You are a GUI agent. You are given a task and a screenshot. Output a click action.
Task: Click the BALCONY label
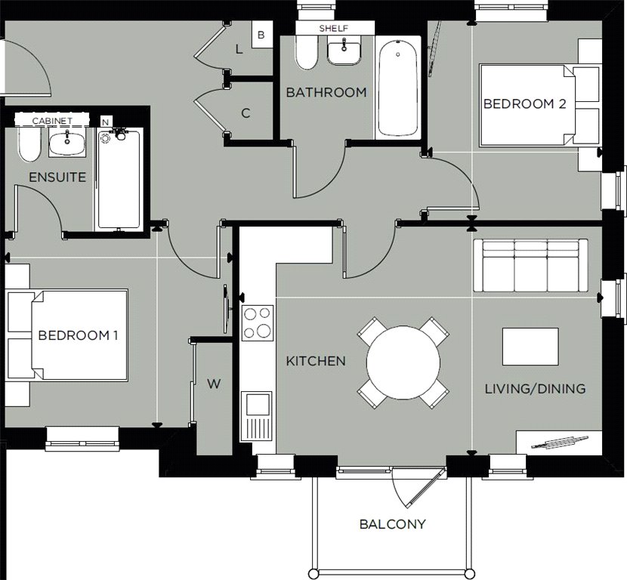pyautogui.click(x=392, y=523)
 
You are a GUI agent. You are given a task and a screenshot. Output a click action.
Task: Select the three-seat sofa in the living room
pyautogui.click(x=530, y=265)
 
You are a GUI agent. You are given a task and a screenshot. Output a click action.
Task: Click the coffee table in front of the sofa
pyautogui.click(x=530, y=347)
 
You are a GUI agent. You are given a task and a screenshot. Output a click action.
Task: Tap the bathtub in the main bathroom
pyautogui.click(x=397, y=89)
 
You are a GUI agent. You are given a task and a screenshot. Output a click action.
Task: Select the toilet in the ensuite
pyautogui.click(x=29, y=142)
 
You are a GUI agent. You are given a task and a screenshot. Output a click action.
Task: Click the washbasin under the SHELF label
pyautogui.click(x=346, y=54)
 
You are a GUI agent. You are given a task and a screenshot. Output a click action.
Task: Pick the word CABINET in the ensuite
pyautogui.click(x=53, y=121)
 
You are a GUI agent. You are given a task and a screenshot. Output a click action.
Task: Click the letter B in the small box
pyautogui.click(x=261, y=35)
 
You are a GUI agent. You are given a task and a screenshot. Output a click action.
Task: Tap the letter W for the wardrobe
pyautogui.click(x=215, y=384)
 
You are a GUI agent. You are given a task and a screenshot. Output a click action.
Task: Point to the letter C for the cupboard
pyautogui.click(x=246, y=114)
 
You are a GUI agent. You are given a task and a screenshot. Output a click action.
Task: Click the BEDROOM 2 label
pyautogui.click(x=524, y=104)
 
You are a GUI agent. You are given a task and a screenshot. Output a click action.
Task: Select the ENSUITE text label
pyautogui.click(x=57, y=177)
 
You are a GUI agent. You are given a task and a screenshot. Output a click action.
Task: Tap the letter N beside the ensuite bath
pyautogui.click(x=104, y=122)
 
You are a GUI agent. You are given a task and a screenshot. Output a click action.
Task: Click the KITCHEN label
pyautogui.click(x=316, y=361)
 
